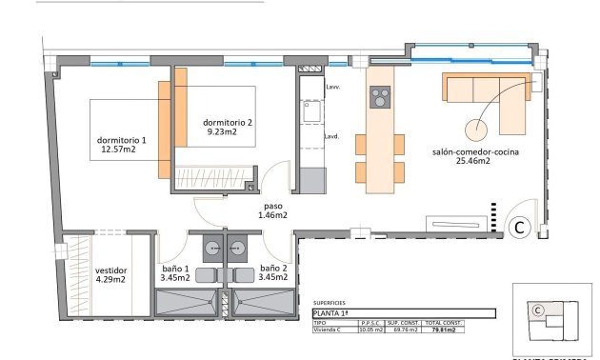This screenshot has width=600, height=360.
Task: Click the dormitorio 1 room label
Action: pos(122,140)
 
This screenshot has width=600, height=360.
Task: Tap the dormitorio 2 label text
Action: pos(228,122)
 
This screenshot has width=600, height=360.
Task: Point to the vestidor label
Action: pos(111,270)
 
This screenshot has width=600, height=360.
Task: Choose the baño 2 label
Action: pos(273,269)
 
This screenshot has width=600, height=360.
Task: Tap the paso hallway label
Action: pos(272,205)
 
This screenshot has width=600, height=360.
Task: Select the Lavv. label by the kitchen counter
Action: pos(332,87)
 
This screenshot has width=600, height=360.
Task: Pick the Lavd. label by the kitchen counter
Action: pos(332,136)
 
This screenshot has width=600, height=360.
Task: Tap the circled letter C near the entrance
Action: pos(520,227)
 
